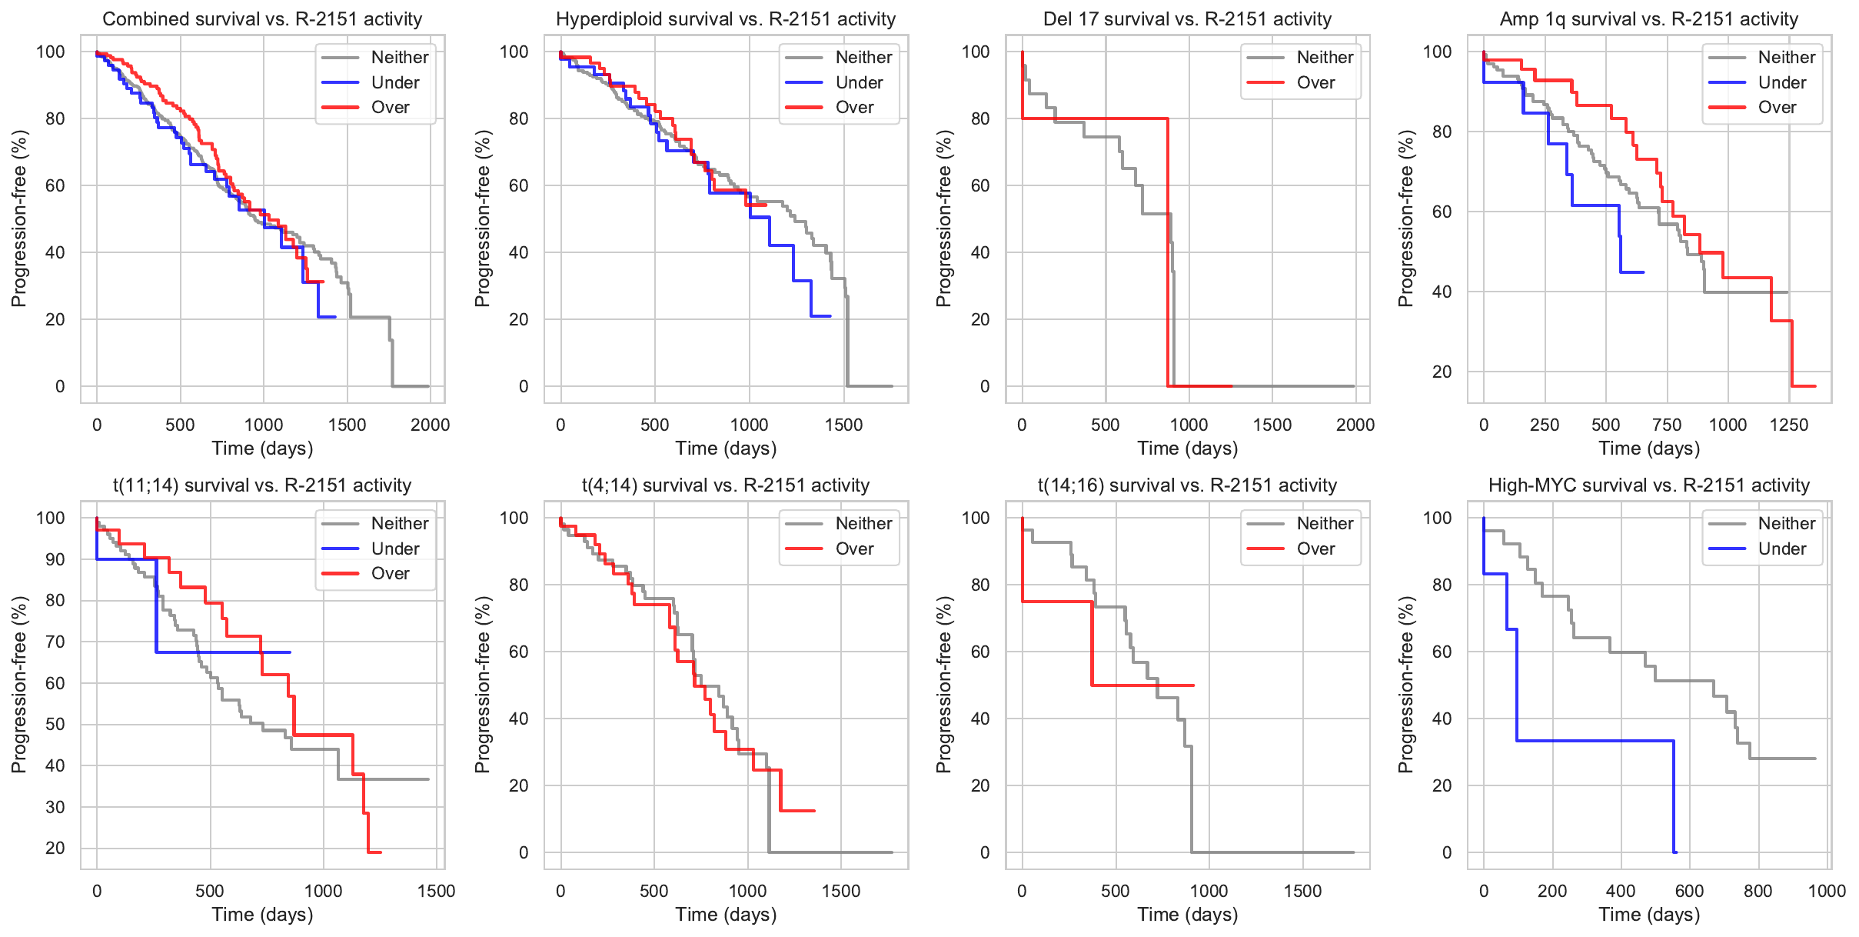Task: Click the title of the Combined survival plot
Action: point(262,19)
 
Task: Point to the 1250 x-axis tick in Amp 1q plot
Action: point(1788,425)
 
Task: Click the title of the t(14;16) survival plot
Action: point(1187,485)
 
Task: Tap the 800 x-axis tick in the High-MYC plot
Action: point(1758,891)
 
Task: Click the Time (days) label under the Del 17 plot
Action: point(1187,448)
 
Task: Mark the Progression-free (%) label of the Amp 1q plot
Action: point(1406,218)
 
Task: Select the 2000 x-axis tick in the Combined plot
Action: point(430,425)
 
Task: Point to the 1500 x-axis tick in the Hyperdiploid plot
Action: point(843,425)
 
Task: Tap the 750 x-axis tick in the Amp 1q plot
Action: point(1667,425)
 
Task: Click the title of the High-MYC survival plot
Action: point(1648,485)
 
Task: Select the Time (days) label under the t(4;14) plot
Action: point(726,915)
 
